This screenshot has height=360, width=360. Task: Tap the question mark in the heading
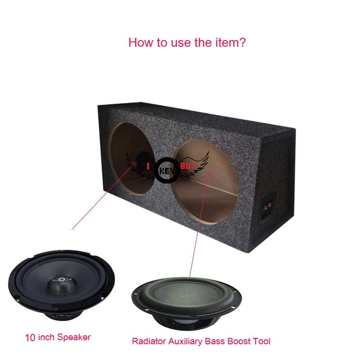pyautogui.click(x=242, y=43)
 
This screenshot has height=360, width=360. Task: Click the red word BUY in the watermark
pyautogui.click(x=187, y=166)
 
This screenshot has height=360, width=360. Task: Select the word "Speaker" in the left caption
pyautogui.click(x=74, y=337)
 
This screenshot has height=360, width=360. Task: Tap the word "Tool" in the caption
pyautogui.click(x=262, y=342)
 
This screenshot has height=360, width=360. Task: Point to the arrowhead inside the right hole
pyautogui.click(x=208, y=174)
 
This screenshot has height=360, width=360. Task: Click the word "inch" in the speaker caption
pyautogui.click(x=46, y=337)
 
